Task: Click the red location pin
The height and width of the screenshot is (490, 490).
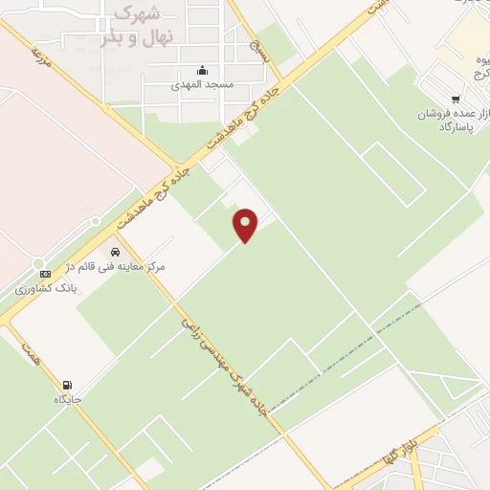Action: click(x=247, y=225)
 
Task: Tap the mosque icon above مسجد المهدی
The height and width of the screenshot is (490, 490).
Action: click(x=201, y=70)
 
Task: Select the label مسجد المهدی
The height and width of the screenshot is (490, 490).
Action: click(x=201, y=85)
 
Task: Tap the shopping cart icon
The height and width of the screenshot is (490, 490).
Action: click(x=456, y=98)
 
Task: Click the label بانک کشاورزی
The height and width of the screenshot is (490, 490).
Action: click(x=46, y=288)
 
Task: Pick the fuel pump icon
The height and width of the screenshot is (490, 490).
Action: click(x=66, y=384)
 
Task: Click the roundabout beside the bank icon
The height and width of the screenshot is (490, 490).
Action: click(x=39, y=263)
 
